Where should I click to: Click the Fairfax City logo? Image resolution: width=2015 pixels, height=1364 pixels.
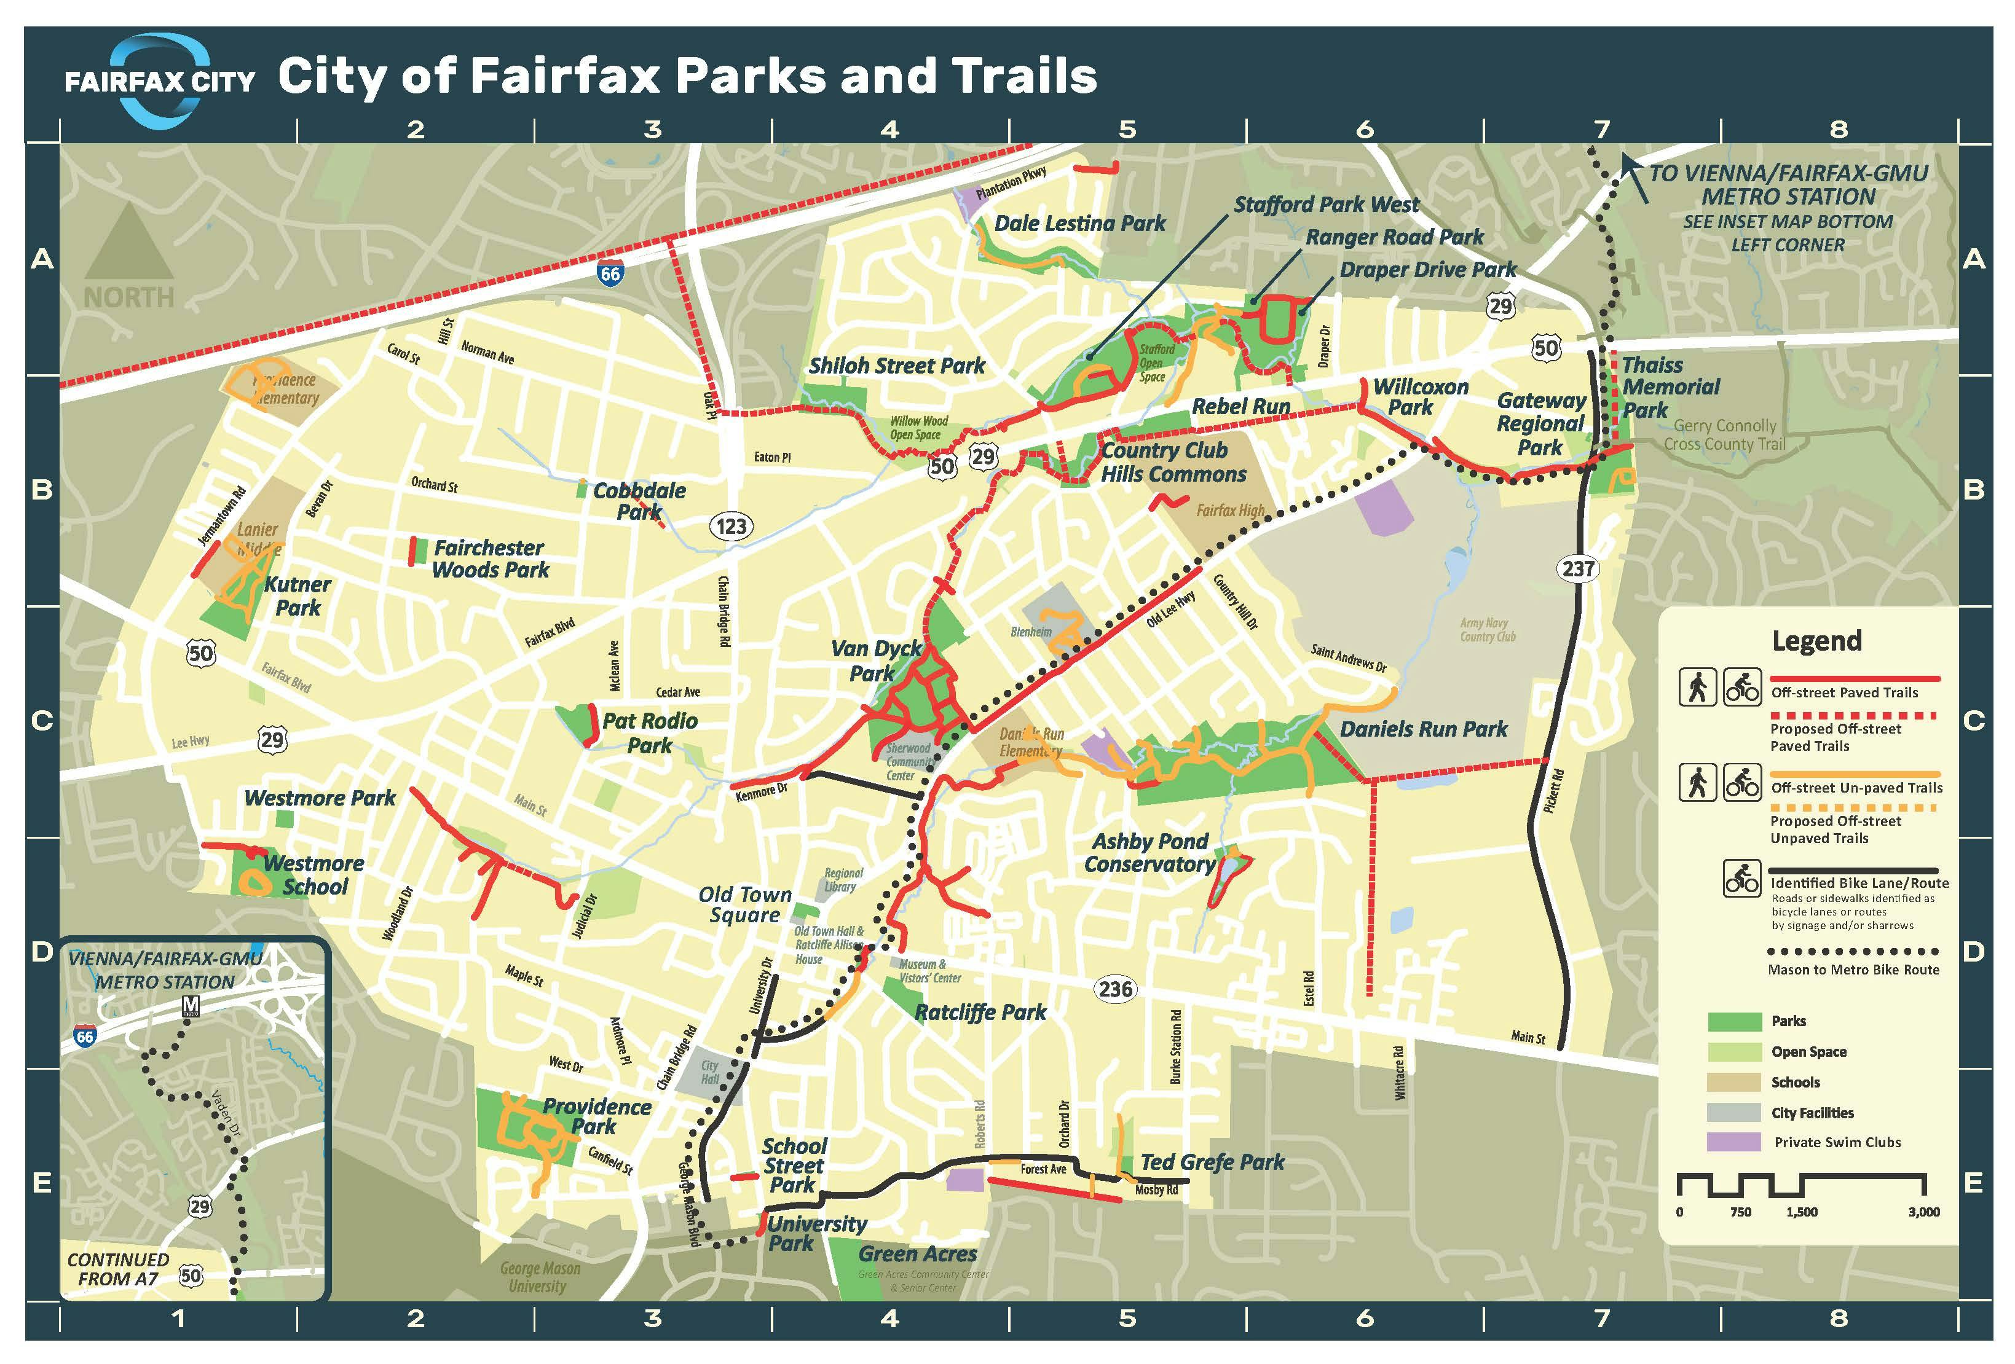coord(160,80)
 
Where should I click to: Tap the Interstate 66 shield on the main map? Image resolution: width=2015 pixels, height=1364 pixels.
coord(610,274)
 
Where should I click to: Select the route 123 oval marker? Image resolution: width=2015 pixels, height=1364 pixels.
coord(731,526)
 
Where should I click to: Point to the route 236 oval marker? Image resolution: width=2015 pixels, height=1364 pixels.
coord(1115,989)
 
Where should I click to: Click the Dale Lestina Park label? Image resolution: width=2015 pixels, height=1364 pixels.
coord(1079,224)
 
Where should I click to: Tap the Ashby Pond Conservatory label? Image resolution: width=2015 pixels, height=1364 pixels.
coord(1149,853)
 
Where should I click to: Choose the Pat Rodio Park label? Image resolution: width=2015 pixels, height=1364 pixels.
coord(650,733)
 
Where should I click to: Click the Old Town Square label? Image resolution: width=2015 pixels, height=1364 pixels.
coord(745,904)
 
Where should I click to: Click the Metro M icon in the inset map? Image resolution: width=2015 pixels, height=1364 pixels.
coord(191,1006)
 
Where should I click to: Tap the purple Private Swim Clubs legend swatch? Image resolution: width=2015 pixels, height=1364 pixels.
coord(1733,1142)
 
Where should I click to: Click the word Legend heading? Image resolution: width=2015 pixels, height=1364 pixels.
coord(1816,641)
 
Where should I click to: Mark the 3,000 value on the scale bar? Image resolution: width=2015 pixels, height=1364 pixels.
coord(1923,1212)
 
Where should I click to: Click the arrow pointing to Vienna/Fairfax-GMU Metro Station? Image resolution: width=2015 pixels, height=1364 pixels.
coord(1634,178)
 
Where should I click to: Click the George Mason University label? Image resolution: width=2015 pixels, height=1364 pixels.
coord(539,1277)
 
